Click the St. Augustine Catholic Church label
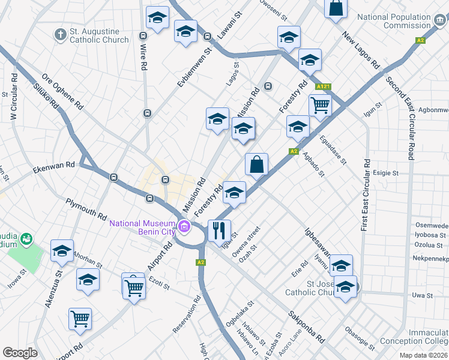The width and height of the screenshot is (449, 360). point(99,35)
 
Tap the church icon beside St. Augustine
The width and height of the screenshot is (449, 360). point(60,35)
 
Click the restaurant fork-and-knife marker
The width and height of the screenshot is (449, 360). point(217,230)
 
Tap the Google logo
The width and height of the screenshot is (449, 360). point(20,352)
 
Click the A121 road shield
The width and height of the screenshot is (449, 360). point(324,86)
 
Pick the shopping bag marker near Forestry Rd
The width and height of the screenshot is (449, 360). point(256,164)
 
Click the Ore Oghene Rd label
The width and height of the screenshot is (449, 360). point(62,92)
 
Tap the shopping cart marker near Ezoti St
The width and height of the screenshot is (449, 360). point(133,286)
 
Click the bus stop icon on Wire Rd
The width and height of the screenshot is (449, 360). point(147,113)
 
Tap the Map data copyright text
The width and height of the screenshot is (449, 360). point(423,355)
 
